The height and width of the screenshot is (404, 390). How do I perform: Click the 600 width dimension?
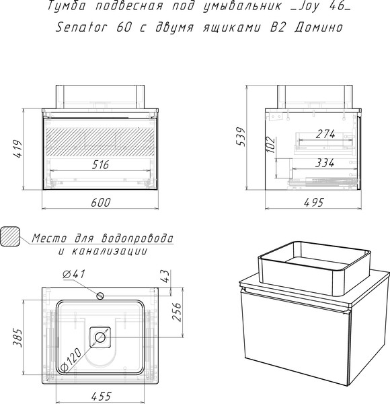tap(101, 202)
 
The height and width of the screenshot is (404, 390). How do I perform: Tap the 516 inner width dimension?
tap(101, 165)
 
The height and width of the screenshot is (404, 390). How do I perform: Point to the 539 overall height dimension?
tap(241, 137)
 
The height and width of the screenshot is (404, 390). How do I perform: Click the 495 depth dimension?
tap(313, 202)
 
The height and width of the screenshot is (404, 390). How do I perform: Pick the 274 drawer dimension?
tap(325, 134)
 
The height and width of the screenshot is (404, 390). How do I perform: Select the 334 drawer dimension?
tap(325, 163)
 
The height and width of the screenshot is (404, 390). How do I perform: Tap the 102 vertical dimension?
tap(270, 145)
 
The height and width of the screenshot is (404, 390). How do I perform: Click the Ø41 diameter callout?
tap(74, 274)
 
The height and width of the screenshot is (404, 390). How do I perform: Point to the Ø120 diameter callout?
tap(71, 359)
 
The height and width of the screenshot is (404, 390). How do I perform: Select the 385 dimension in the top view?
tap(18, 337)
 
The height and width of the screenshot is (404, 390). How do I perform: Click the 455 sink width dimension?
tap(102, 396)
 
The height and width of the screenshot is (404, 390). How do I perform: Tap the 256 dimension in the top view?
tap(176, 312)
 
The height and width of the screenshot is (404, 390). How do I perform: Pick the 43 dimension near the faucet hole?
tap(166, 276)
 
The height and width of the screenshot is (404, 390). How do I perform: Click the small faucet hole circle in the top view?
tap(100, 296)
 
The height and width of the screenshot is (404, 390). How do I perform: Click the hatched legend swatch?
tap(10, 236)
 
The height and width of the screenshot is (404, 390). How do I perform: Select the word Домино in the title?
tap(319, 27)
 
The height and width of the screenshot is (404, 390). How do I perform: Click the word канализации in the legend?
tap(109, 250)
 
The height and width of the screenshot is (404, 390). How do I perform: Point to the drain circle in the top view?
tap(100, 337)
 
